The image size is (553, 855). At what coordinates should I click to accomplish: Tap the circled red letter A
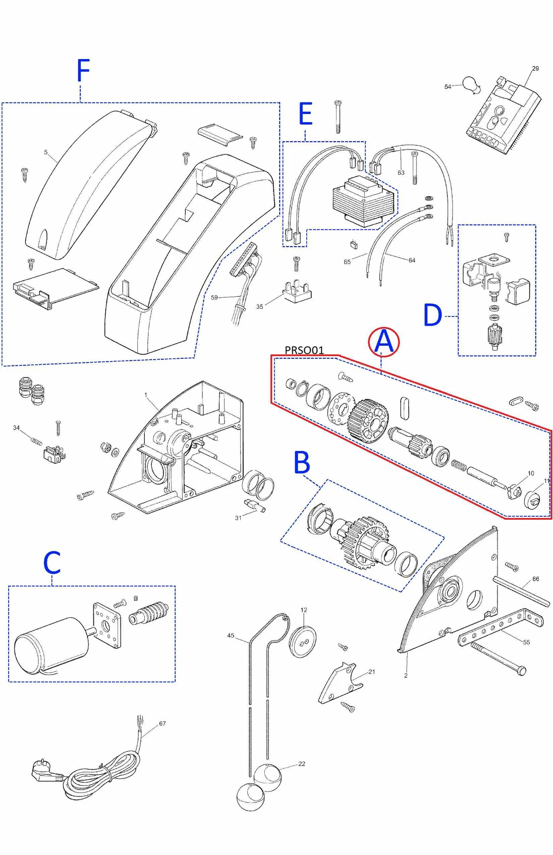tap(384, 342)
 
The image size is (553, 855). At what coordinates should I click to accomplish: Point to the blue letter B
tap(302, 462)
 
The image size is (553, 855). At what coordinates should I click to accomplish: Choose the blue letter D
tap(432, 315)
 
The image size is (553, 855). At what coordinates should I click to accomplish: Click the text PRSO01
tap(304, 350)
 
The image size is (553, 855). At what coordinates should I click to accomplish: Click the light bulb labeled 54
tap(471, 84)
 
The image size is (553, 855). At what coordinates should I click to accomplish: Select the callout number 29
tap(535, 68)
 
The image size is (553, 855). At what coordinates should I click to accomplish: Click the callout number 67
tap(162, 723)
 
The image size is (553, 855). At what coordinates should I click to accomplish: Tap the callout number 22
tap(302, 764)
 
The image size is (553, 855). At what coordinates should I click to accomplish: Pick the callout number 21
tap(372, 671)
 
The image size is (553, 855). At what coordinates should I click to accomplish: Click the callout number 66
tap(535, 578)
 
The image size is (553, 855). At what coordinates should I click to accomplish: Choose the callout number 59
tap(214, 297)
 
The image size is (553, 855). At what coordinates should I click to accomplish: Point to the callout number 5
tap(46, 152)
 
